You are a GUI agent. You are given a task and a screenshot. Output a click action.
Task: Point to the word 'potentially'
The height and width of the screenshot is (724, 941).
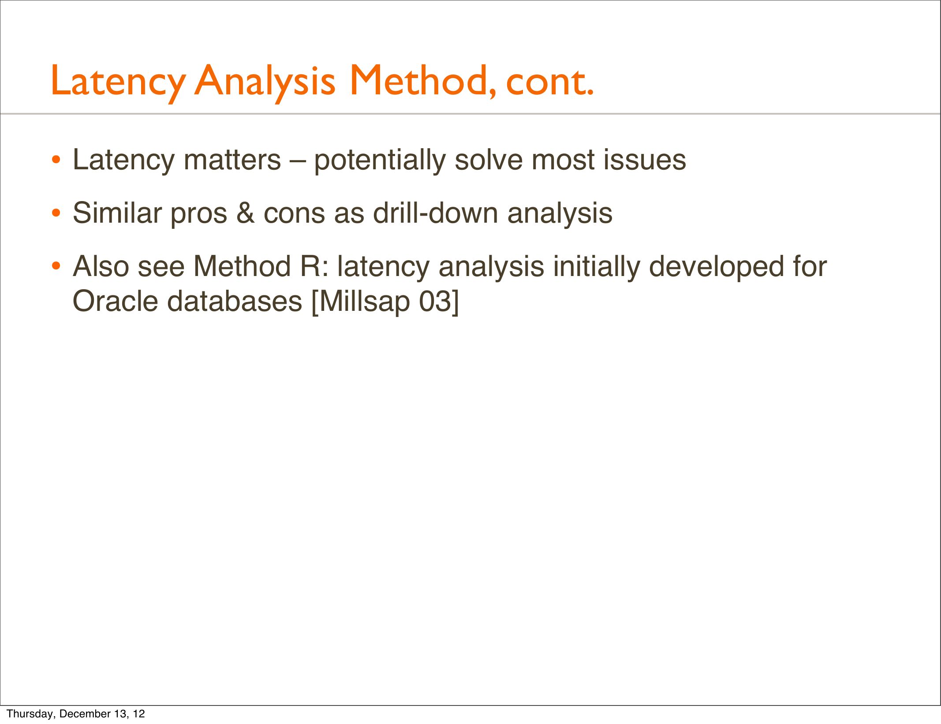[380, 161]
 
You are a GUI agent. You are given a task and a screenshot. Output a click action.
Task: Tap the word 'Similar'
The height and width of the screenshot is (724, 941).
[117, 213]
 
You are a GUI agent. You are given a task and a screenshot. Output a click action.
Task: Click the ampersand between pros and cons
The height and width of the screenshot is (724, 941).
[246, 213]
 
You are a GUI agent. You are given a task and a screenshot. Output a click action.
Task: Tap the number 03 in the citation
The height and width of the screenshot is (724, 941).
[434, 302]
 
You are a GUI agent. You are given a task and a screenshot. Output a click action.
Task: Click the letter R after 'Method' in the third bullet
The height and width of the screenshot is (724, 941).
[310, 267]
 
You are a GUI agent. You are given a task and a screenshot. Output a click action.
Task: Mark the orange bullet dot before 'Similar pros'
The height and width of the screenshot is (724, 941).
[56, 214]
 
